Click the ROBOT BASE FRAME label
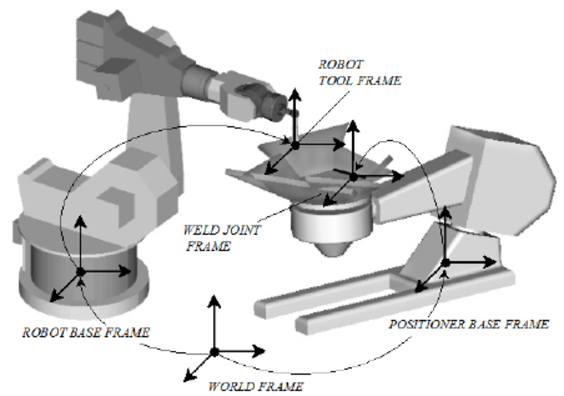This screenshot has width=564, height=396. [86, 332]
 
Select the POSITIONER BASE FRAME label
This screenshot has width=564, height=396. [468, 324]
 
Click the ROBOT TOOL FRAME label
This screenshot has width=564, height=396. [359, 73]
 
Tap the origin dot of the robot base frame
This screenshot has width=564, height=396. [81, 272]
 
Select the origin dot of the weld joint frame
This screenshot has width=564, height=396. [353, 177]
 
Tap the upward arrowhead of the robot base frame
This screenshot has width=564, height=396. [81, 220]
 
